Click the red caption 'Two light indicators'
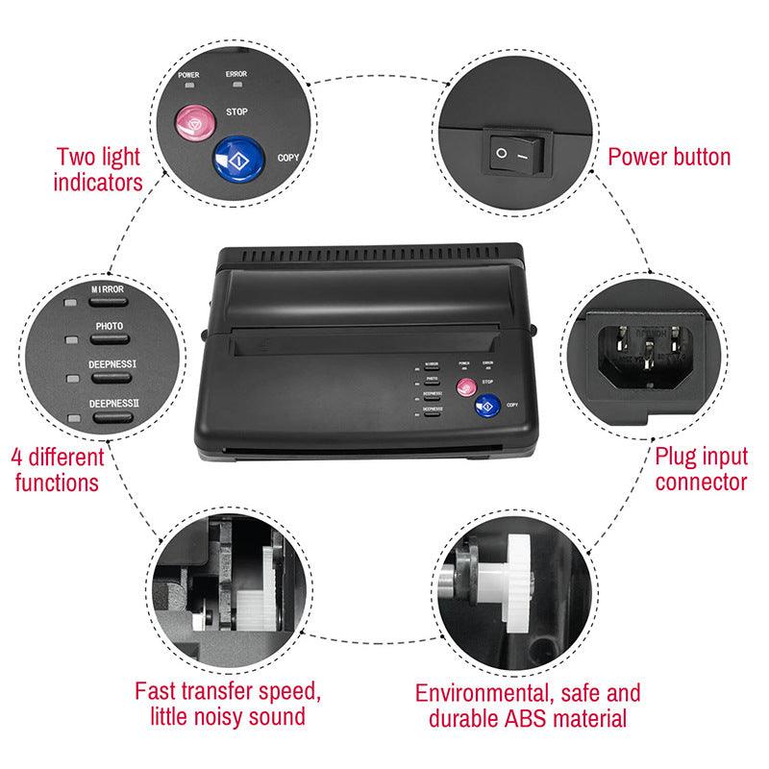point(99,167)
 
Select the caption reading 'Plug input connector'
point(700,467)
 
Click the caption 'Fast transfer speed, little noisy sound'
point(227,704)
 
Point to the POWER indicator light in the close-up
point(187,85)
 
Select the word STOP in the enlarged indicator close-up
point(237,112)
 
